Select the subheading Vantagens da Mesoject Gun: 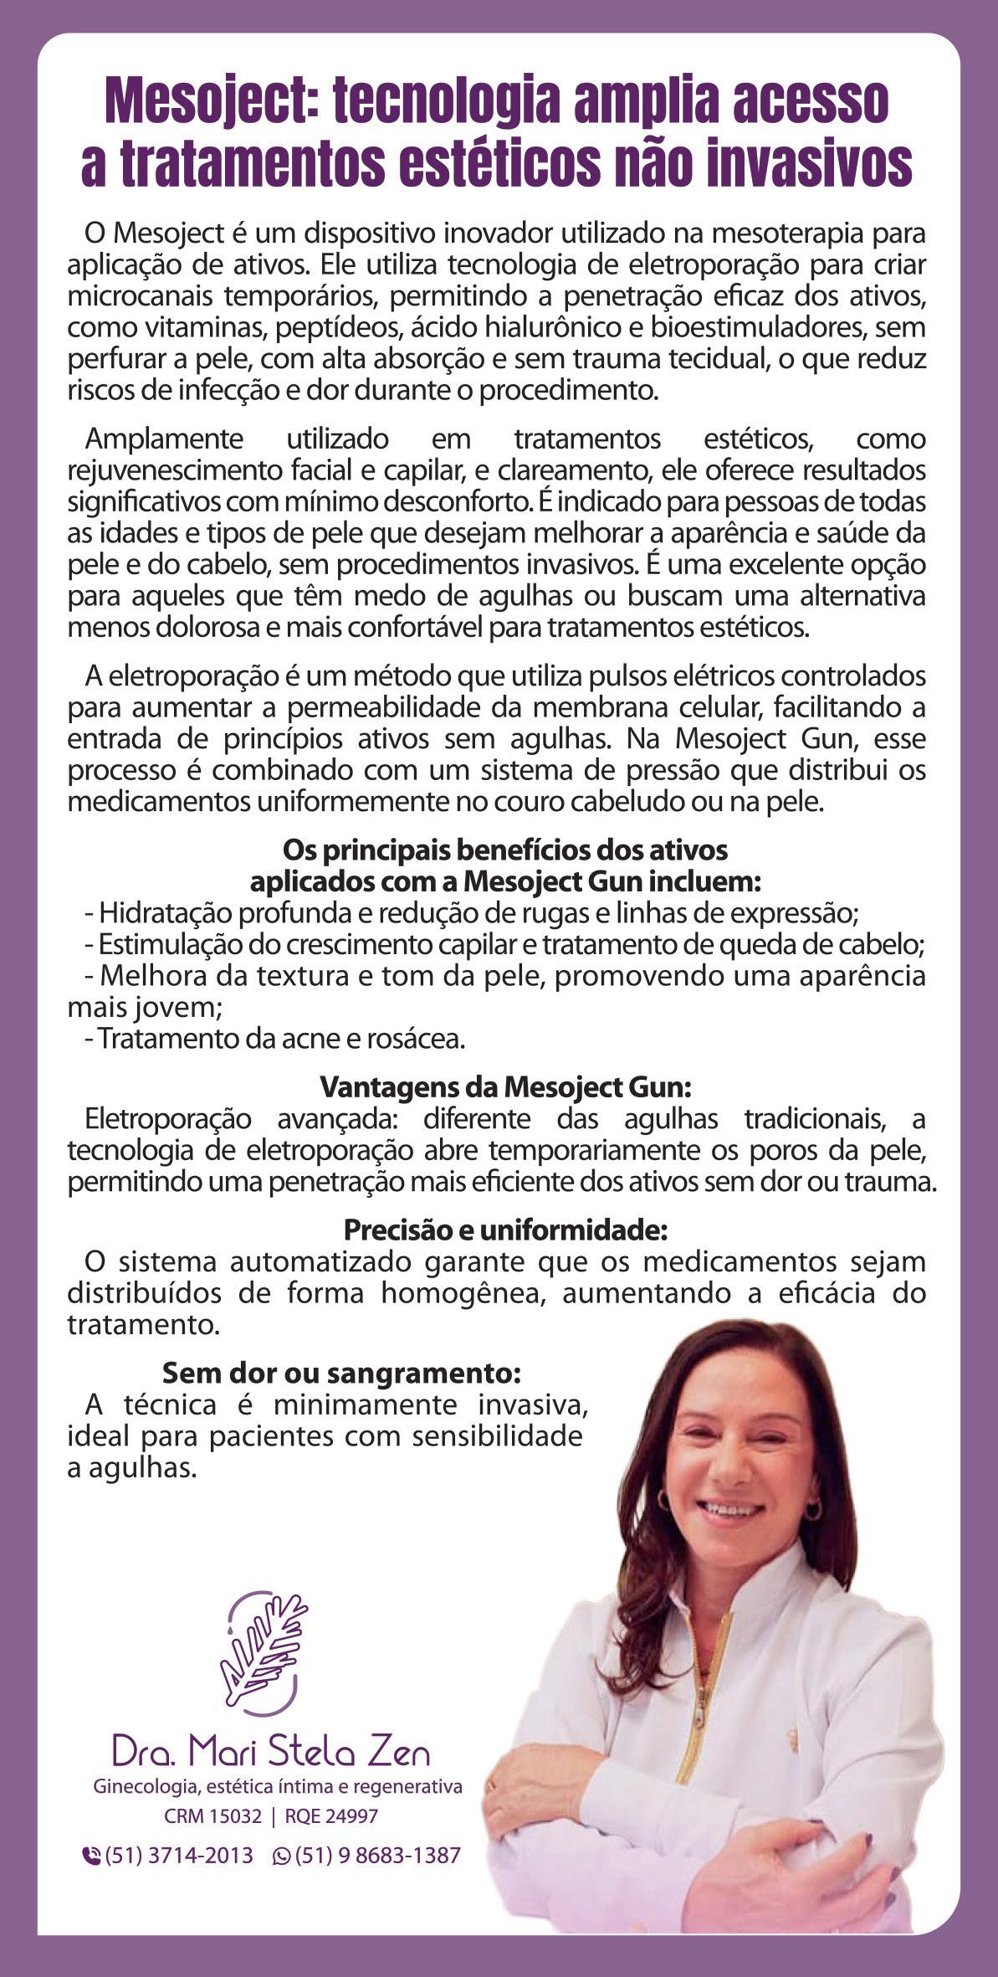pos(506,1087)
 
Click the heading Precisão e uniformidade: pos(506,1230)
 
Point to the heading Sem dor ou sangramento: pos(341,1373)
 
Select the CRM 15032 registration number pos(212,1816)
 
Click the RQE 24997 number pos(331,1816)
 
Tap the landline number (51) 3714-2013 pos(178,1855)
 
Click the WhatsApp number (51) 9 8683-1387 pos(377,1855)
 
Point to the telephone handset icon pos(90,1856)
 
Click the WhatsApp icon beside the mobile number pos(282,1856)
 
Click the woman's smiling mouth pos(730,1507)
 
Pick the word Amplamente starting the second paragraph pos(164,438)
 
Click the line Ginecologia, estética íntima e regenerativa pos(278,1786)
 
